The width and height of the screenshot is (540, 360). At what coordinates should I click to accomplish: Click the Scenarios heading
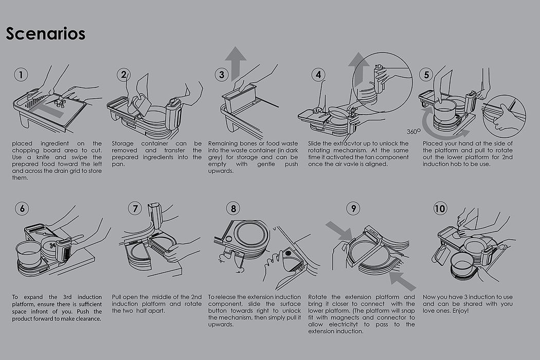coord(46,34)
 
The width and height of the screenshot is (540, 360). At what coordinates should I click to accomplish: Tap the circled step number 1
coord(21,75)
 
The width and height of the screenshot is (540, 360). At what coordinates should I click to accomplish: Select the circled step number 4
coord(318,75)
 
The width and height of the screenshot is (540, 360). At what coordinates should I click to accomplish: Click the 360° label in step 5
coord(413,131)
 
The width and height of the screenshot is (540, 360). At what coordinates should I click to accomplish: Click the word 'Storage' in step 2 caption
coord(124,143)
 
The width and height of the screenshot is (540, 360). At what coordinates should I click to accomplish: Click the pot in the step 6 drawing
coord(29,252)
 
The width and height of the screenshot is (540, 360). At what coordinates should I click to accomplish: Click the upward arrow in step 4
coord(356,67)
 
